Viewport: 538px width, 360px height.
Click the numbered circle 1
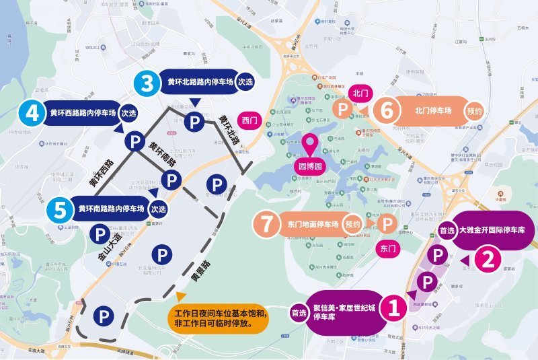point(392,308)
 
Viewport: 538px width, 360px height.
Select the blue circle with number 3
point(145,83)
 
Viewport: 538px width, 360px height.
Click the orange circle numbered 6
point(385,110)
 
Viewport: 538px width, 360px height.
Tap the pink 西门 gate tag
point(250,121)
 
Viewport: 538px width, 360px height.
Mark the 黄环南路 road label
point(163,154)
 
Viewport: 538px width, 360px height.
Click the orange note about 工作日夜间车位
point(218,318)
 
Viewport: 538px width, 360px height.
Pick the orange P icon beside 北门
point(342,110)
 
